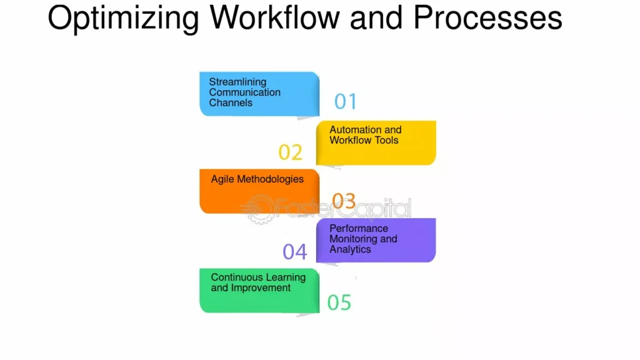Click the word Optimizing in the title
(x=123, y=19)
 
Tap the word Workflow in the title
(x=275, y=17)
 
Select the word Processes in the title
(x=487, y=17)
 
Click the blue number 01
(x=346, y=101)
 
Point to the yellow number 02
(x=290, y=152)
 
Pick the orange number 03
(x=344, y=201)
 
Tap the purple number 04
(x=295, y=252)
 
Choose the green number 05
(x=339, y=302)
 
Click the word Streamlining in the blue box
(x=237, y=82)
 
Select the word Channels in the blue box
(x=231, y=103)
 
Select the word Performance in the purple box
(x=359, y=228)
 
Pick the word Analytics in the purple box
(x=350, y=249)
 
